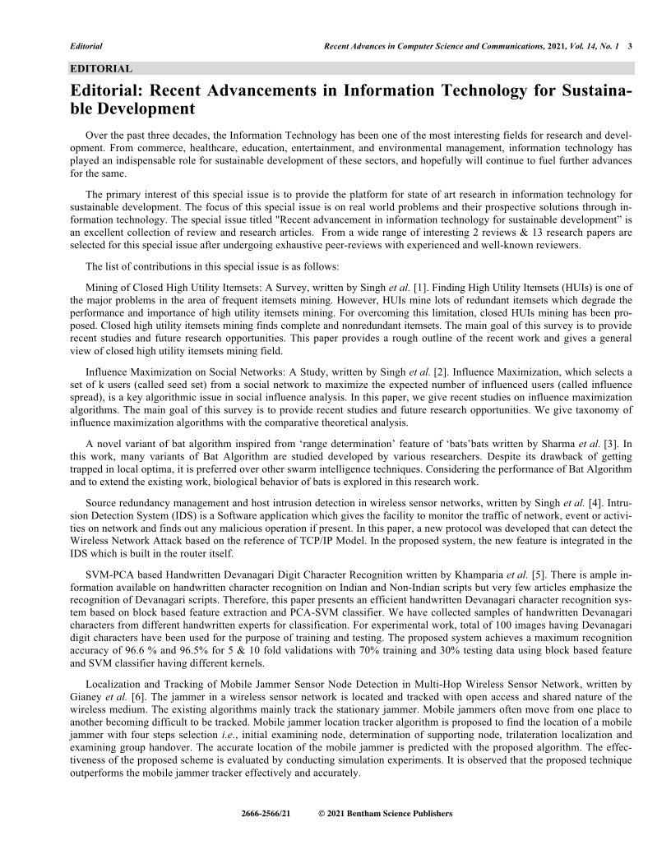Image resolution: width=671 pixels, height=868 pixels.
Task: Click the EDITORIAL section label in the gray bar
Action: [x=101, y=68]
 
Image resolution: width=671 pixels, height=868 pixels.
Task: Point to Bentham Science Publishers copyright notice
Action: [x=385, y=814]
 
